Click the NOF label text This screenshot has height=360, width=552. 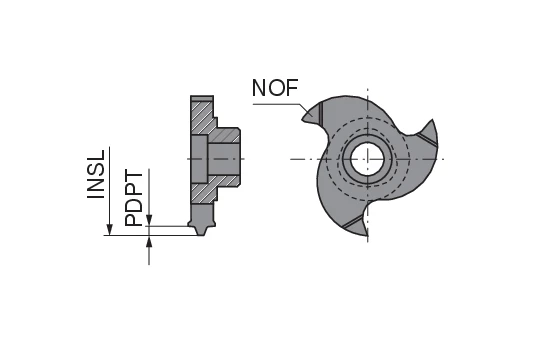(x=275, y=88)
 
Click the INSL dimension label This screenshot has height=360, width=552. (x=97, y=176)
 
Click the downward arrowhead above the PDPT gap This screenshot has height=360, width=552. (x=149, y=221)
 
